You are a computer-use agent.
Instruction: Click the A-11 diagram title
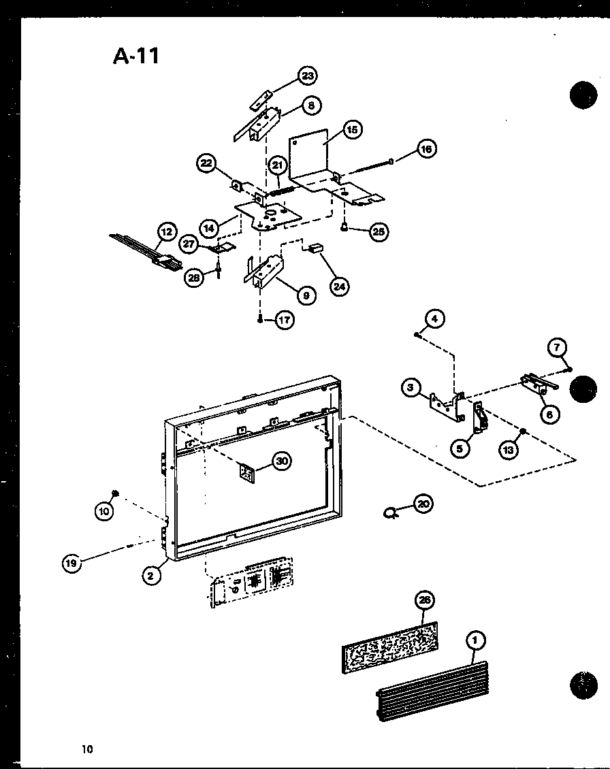136,55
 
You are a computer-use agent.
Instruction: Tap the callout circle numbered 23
307,76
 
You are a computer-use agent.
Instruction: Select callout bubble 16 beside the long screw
426,149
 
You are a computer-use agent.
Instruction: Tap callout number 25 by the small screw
378,231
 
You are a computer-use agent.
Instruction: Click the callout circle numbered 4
436,318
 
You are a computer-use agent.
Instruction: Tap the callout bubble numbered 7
556,349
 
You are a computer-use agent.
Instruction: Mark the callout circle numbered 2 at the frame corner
151,576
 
